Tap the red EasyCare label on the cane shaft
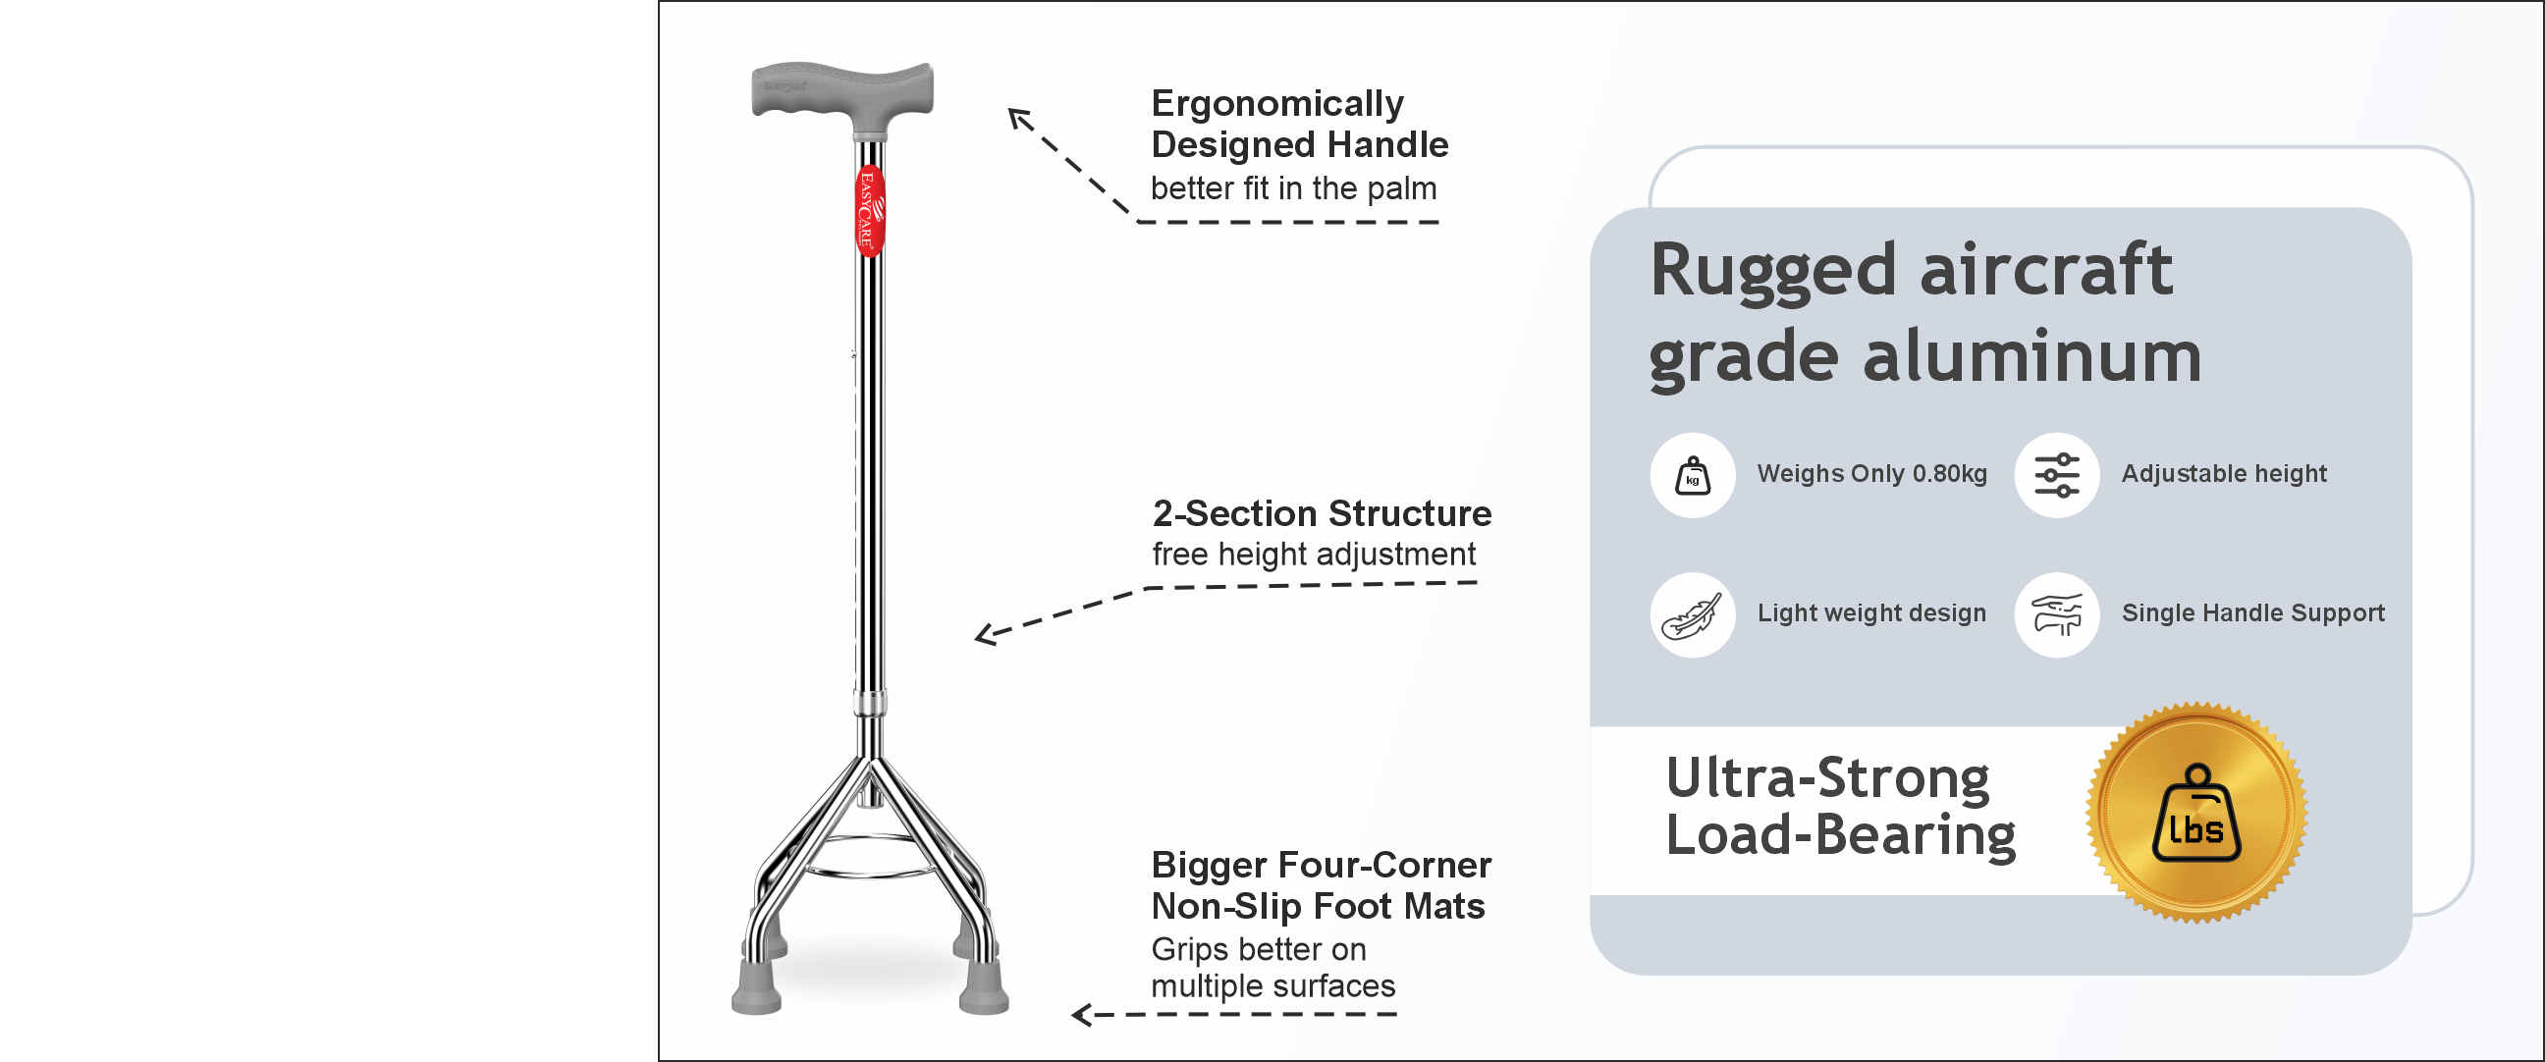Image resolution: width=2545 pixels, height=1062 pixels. pos(868,209)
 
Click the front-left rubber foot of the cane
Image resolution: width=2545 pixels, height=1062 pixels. pos(757,989)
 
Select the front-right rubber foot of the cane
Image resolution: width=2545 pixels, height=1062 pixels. pos(983,989)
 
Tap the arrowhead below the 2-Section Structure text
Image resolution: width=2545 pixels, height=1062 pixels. pos(984,634)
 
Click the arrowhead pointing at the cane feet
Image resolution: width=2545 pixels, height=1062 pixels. pos(1082,1015)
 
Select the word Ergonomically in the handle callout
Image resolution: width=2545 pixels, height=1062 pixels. pos(1276,104)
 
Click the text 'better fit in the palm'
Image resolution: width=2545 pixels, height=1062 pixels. pos(1293,187)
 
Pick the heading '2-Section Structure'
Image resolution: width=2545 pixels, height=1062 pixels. pos(1321,513)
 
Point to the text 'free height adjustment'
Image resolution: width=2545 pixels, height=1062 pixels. pos(1313,555)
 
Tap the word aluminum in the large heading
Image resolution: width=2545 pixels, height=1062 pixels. pos(2031,355)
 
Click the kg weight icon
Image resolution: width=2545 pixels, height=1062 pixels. pos(1693,475)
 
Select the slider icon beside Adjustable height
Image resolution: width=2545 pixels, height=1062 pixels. pos(2057,475)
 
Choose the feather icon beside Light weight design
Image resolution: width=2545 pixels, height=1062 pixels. pos(1693,614)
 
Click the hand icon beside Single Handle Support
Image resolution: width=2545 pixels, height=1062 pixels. pos(2057,614)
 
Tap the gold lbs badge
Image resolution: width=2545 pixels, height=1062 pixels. pos(2196,812)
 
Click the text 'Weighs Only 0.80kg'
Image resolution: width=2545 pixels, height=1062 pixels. pos(1871,474)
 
